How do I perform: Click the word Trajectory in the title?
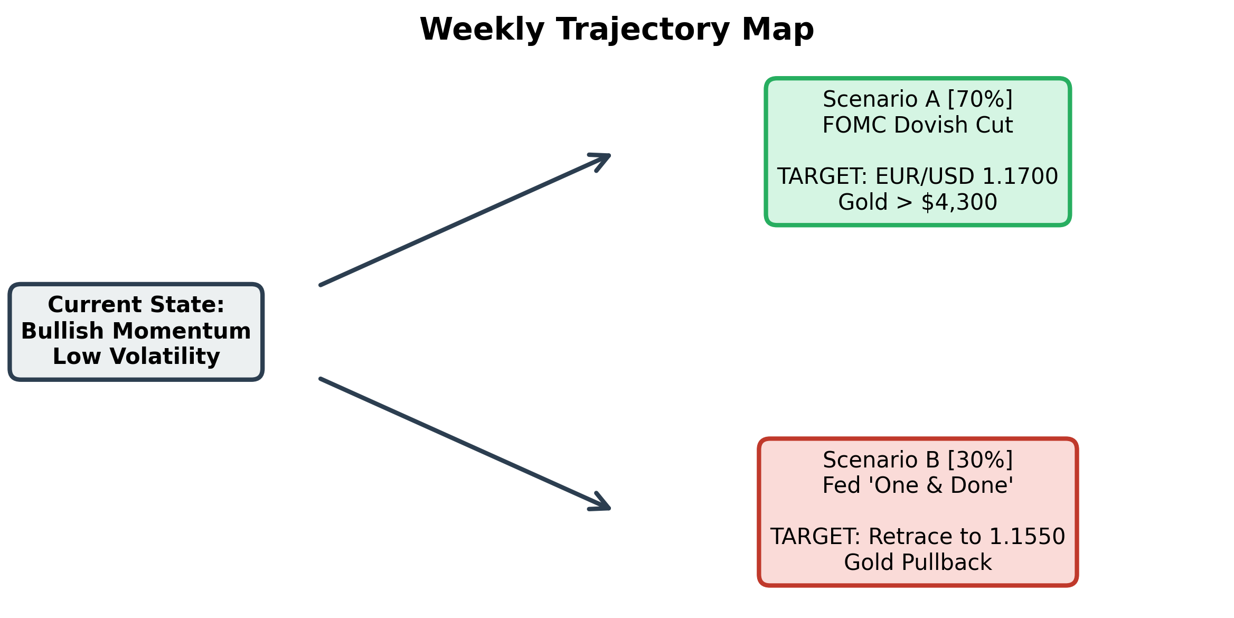(x=643, y=30)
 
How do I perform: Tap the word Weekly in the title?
(x=482, y=30)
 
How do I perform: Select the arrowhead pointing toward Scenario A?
(x=602, y=160)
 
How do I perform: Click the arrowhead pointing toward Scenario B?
(x=602, y=503)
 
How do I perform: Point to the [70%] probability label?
(x=980, y=99)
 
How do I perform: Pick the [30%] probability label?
(x=980, y=460)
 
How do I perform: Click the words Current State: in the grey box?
(x=136, y=305)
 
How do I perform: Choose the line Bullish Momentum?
(x=136, y=331)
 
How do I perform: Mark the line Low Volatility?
(x=136, y=357)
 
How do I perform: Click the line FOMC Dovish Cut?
(x=918, y=125)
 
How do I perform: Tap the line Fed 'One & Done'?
(x=918, y=485)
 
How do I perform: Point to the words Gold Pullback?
(x=918, y=563)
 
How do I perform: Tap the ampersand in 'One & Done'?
(x=934, y=486)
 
